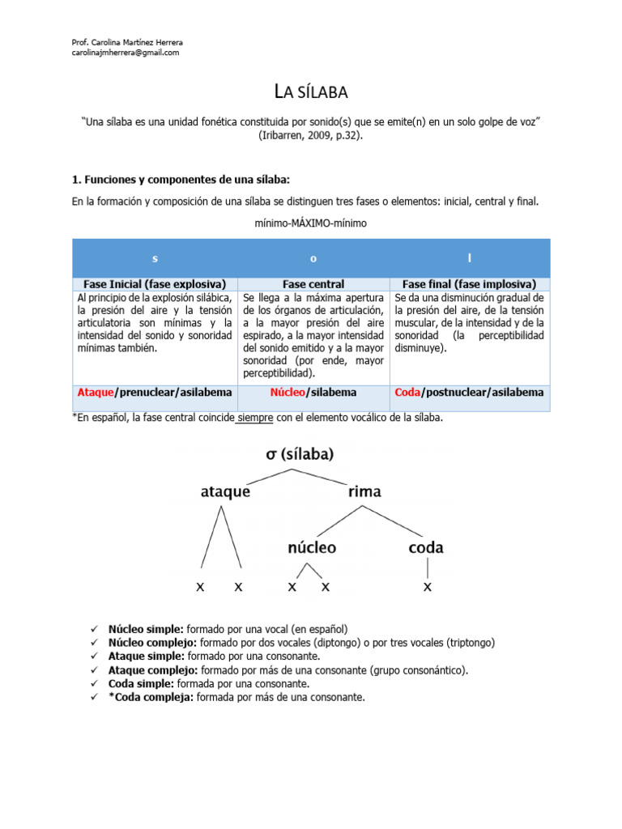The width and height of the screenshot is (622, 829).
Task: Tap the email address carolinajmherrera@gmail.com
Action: coord(126,53)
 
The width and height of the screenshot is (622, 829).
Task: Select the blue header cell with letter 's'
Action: coord(155,258)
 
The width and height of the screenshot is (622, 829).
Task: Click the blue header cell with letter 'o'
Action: coord(313,258)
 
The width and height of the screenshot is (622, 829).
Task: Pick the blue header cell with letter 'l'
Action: coord(470,258)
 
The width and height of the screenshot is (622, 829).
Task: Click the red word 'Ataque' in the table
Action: coord(96,392)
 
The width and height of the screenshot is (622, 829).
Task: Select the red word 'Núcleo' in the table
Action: coord(287,392)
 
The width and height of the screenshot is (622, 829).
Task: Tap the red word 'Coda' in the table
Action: coord(407,392)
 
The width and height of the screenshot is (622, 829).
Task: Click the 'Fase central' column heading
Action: coord(313,284)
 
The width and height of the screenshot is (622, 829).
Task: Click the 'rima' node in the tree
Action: coord(364,491)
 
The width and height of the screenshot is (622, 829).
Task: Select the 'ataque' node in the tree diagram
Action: coord(225,491)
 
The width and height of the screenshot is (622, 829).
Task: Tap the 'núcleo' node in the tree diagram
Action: coord(312,547)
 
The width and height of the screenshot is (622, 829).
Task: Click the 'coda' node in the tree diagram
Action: coord(426,547)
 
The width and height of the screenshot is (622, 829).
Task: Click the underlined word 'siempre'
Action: coord(255,418)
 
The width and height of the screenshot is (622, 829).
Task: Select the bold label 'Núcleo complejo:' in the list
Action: coord(153,642)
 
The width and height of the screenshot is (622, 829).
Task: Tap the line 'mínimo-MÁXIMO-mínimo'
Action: coord(311,223)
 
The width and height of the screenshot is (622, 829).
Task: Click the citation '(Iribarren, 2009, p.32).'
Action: coord(311,135)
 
